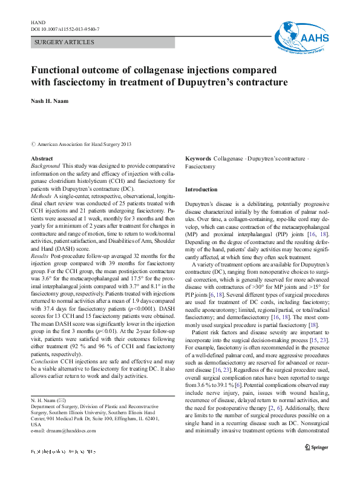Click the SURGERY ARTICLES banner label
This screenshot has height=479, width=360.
click(x=64, y=42)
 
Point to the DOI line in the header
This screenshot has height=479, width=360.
click(x=65, y=28)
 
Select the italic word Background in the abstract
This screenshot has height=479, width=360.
click(x=45, y=165)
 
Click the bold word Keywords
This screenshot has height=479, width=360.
click(x=198, y=159)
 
